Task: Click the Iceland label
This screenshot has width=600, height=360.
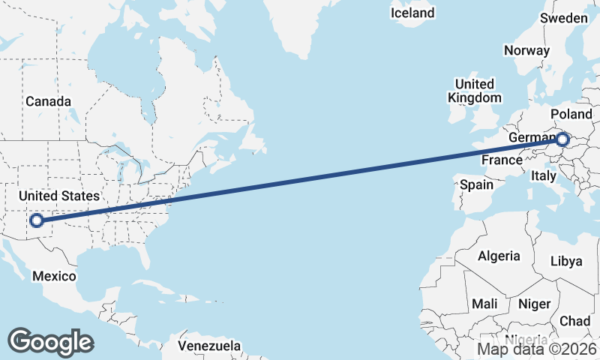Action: [x=412, y=13]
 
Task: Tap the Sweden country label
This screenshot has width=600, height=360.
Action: [x=564, y=18]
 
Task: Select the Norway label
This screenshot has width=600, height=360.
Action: [x=526, y=50]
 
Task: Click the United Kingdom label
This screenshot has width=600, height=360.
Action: [x=475, y=91]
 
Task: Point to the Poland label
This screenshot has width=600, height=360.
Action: [x=571, y=113]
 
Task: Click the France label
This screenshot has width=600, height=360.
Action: [x=501, y=160]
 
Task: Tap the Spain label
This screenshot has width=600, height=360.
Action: [x=477, y=184]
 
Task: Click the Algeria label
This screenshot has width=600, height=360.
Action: [x=499, y=256]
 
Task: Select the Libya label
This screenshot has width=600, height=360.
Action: [x=566, y=261]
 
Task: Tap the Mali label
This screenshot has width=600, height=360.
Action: [x=484, y=304]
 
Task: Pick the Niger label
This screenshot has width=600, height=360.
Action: [x=534, y=304]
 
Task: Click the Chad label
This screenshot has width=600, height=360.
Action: [x=574, y=320]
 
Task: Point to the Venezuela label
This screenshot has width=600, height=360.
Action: [x=210, y=346]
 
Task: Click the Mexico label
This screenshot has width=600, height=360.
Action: [x=54, y=276]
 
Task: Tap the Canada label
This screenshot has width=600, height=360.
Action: [x=48, y=101]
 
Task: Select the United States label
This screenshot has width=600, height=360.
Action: [x=58, y=196]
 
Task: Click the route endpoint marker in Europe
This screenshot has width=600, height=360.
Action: [x=563, y=139]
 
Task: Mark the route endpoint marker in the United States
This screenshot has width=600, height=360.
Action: [x=35, y=220]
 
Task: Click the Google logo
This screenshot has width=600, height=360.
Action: [x=50, y=341]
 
